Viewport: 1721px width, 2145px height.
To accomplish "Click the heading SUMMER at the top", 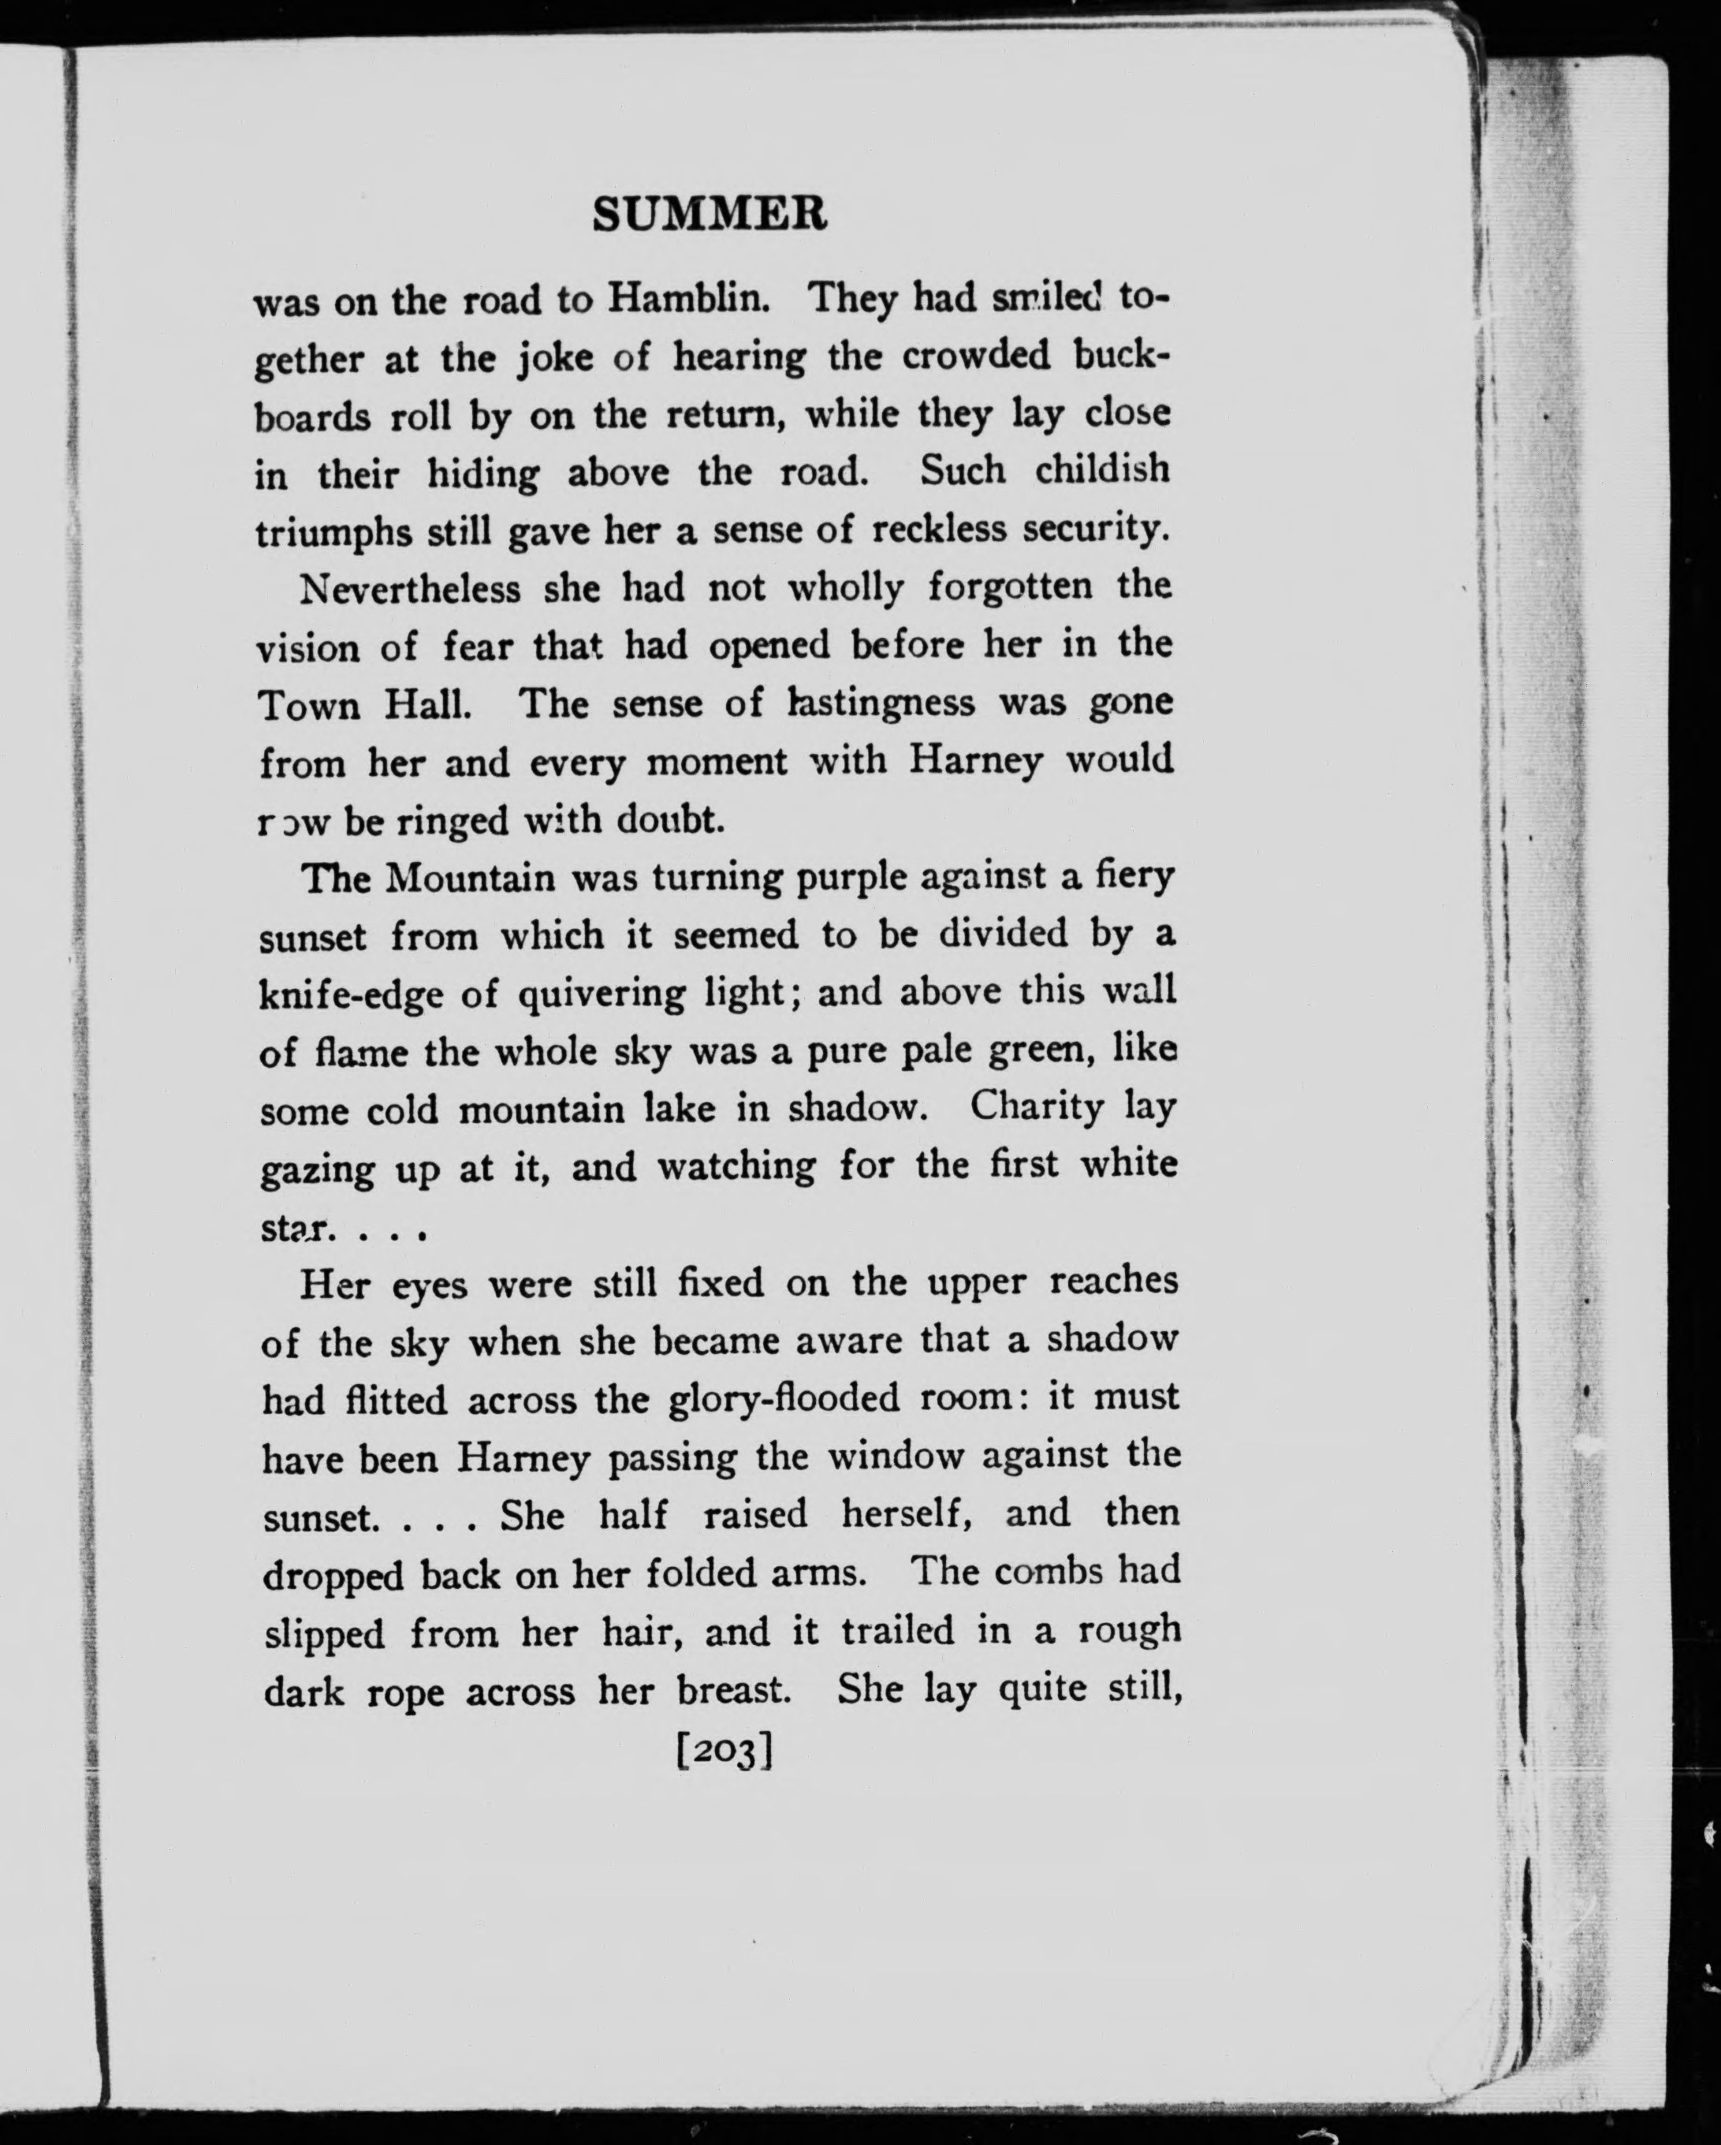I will coord(710,214).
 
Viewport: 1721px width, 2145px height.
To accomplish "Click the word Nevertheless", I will coord(410,589).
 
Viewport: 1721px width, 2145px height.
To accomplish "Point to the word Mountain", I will coord(471,879).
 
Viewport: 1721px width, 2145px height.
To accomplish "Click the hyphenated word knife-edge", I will coord(350,994).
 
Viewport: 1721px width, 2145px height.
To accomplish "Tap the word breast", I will coord(733,1690).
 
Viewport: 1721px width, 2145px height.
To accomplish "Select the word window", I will coord(896,1457).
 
